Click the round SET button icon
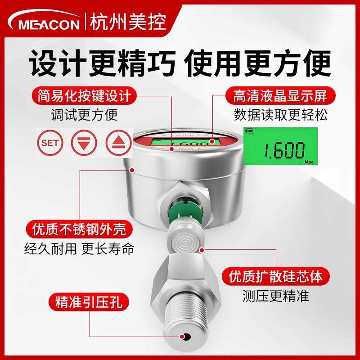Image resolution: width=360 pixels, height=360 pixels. coord(50,143)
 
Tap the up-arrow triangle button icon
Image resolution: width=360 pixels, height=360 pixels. coord(117,143)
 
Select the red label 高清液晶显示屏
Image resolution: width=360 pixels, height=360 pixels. coord(279,96)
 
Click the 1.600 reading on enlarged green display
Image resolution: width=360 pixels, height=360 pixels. coord(283,151)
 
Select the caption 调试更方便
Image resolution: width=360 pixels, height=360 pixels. coord(84,115)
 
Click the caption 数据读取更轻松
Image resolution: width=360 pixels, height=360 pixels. coord(280,115)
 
